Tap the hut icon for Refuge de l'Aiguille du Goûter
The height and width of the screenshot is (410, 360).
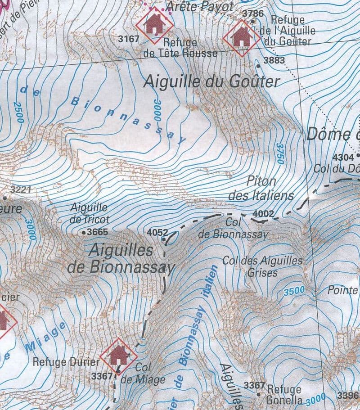242,38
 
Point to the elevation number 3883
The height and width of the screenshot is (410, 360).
274,60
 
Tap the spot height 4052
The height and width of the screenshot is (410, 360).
157,233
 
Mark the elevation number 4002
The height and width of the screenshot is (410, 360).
263,213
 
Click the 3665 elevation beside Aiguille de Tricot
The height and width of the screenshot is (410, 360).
98,232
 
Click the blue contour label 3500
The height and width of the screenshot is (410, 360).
294,291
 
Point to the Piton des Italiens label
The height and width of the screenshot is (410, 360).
261,189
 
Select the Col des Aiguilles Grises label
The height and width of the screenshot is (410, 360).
262,266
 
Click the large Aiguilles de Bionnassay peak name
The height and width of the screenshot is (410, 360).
121,259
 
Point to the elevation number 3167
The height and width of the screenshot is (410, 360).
129,39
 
